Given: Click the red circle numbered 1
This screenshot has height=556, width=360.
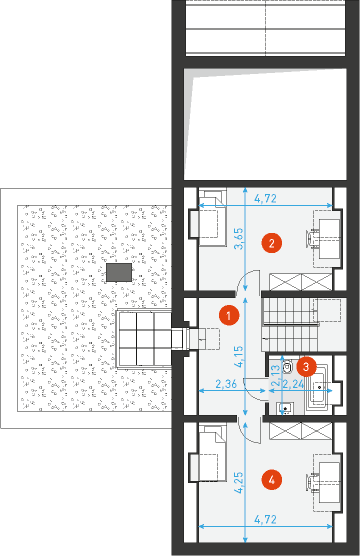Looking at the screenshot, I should [x=228, y=314].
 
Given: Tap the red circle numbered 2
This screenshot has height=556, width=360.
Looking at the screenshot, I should [x=268, y=241].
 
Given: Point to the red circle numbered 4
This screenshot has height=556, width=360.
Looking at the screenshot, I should [x=268, y=480].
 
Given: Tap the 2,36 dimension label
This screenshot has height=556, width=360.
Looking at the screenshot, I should [x=225, y=383].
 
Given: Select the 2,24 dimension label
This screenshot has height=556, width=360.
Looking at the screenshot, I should [x=293, y=383].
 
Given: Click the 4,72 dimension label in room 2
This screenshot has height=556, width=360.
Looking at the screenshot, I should [x=265, y=199].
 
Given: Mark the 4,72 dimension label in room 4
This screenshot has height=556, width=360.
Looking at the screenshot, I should [x=265, y=520].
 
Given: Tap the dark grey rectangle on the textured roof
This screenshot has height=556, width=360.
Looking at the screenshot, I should [x=119, y=270].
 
